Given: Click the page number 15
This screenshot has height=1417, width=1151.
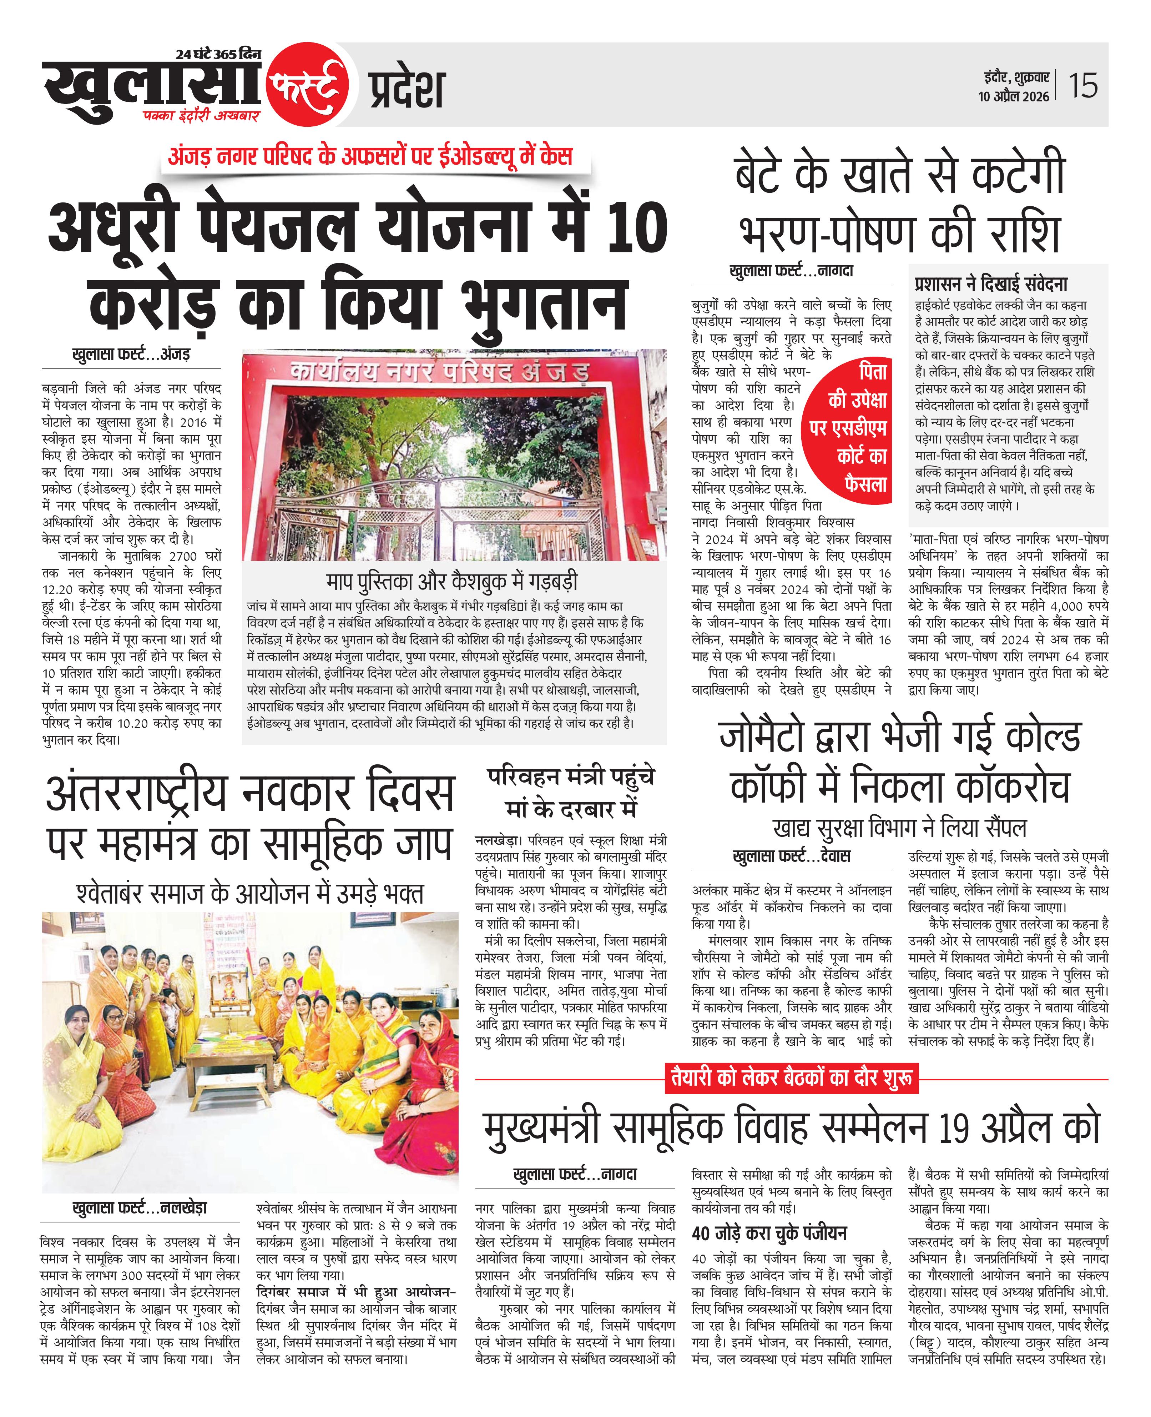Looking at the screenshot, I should (x=1083, y=86).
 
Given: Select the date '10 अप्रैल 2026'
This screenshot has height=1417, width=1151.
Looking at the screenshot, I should (x=1013, y=97).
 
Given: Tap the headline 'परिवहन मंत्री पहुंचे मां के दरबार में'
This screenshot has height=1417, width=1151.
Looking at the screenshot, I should (x=570, y=793).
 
